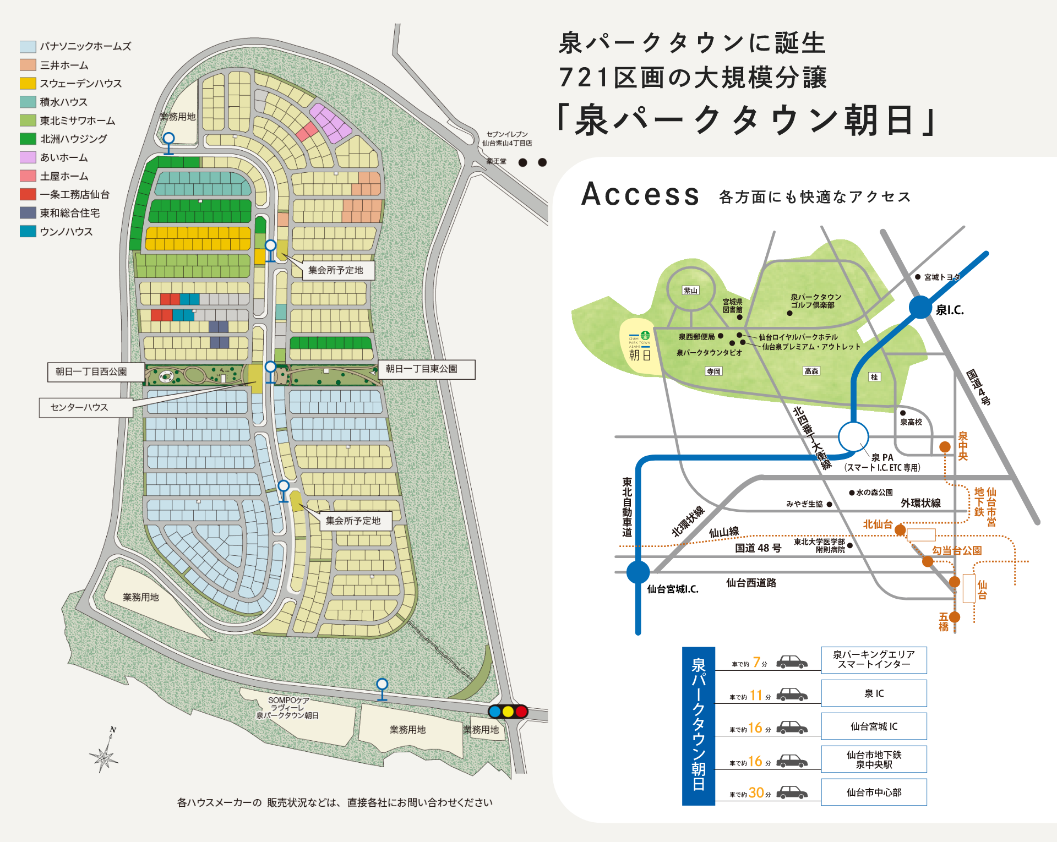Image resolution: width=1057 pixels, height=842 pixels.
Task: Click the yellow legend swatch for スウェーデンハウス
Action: [28, 84]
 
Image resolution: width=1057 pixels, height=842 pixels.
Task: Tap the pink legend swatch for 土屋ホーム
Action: [28, 176]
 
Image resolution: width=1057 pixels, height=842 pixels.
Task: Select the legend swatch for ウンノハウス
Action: [28, 232]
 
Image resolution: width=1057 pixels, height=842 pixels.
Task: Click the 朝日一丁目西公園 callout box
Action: [96, 372]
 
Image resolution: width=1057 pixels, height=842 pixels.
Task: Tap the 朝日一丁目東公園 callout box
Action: [427, 369]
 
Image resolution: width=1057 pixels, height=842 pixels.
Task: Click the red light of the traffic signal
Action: [521, 712]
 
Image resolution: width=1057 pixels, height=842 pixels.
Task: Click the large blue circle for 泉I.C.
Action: [920, 307]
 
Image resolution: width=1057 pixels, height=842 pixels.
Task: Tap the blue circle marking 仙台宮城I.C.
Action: [638, 572]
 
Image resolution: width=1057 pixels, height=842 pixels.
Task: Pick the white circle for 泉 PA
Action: [853, 437]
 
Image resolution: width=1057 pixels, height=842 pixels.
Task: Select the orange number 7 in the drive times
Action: [756, 662]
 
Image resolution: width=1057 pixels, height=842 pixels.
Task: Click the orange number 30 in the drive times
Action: [756, 792]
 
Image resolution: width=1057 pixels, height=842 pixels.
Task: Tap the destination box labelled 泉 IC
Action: [874, 693]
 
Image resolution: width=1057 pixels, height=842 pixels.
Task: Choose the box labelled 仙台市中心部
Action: [874, 792]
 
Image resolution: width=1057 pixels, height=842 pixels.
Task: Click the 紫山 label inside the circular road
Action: [690, 291]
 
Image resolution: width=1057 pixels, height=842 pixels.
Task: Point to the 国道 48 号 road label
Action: [758, 548]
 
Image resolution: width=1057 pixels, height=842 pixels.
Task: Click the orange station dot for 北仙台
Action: [900, 530]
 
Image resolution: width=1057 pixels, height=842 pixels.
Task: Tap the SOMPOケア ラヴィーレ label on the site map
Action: [288, 708]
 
